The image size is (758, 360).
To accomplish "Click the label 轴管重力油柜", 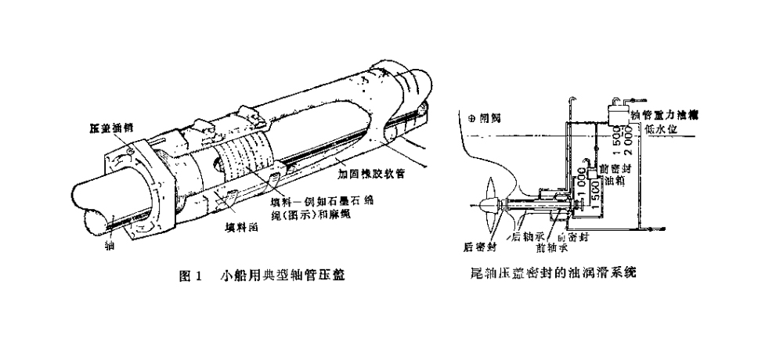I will [x=664, y=114].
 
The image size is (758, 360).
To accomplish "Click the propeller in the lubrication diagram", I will [x=493, y=205].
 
